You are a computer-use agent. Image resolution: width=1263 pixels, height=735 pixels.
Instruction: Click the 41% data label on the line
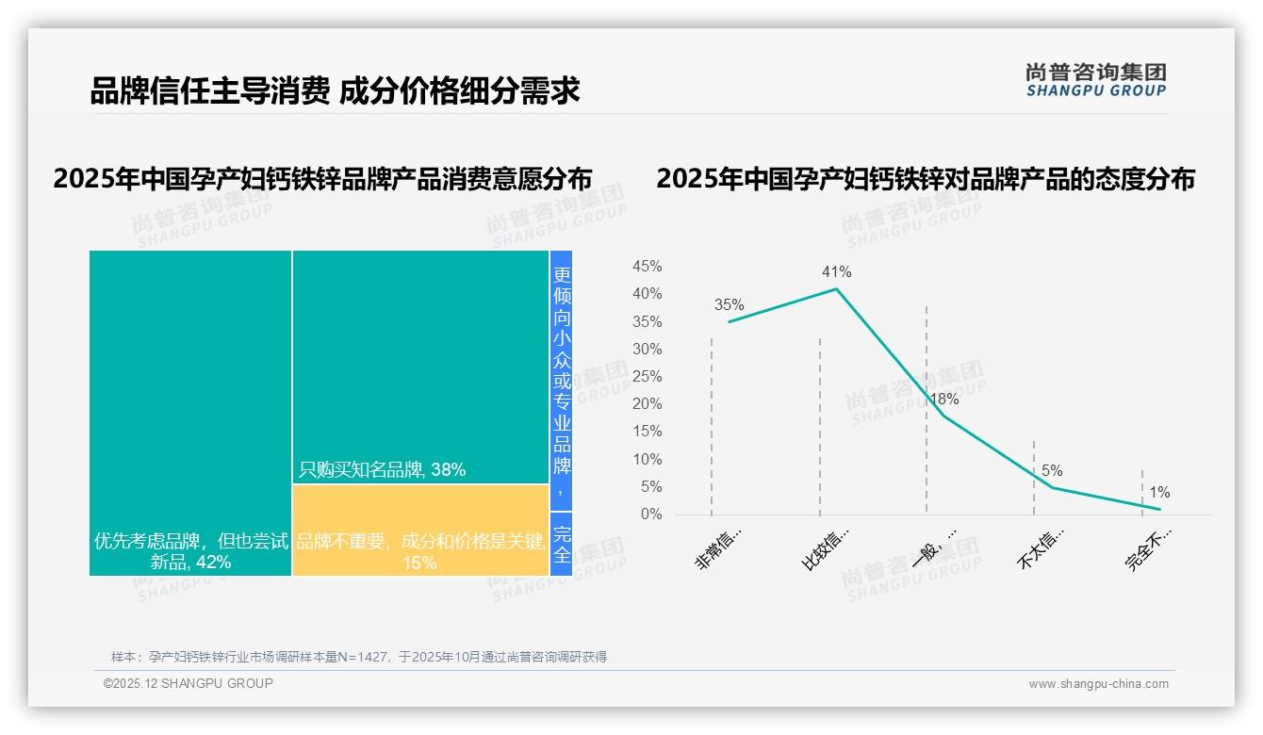(836, 272)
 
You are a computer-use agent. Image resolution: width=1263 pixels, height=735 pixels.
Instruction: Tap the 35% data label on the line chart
(729, 305)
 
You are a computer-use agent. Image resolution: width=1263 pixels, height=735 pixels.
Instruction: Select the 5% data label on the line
(1052, 471)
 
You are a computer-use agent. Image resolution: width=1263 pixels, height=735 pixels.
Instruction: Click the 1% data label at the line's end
(1159, 493)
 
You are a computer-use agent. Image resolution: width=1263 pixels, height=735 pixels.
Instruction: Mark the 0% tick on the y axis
(651, 514)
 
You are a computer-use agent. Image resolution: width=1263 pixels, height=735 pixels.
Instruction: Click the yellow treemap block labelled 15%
(420, 531)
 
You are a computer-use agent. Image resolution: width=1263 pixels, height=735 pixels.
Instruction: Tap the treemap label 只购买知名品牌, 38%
(383, 469)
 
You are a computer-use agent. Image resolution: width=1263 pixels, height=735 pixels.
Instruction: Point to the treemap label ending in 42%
(190, 552)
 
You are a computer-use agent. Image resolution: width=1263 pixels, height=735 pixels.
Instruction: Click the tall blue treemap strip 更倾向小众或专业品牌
(562, 381)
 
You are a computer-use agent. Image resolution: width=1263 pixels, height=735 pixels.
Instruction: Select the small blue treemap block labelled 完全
(562, 545)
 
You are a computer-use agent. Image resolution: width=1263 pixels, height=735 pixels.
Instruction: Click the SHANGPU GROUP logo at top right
(1096, 80)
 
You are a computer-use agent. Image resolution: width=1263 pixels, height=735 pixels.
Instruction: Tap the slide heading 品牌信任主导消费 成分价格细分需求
(335, 91)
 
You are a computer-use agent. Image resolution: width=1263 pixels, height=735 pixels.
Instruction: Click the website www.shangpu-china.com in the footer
(1098, 684)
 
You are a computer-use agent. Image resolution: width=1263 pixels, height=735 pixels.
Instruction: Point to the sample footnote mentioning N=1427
(359, 657)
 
